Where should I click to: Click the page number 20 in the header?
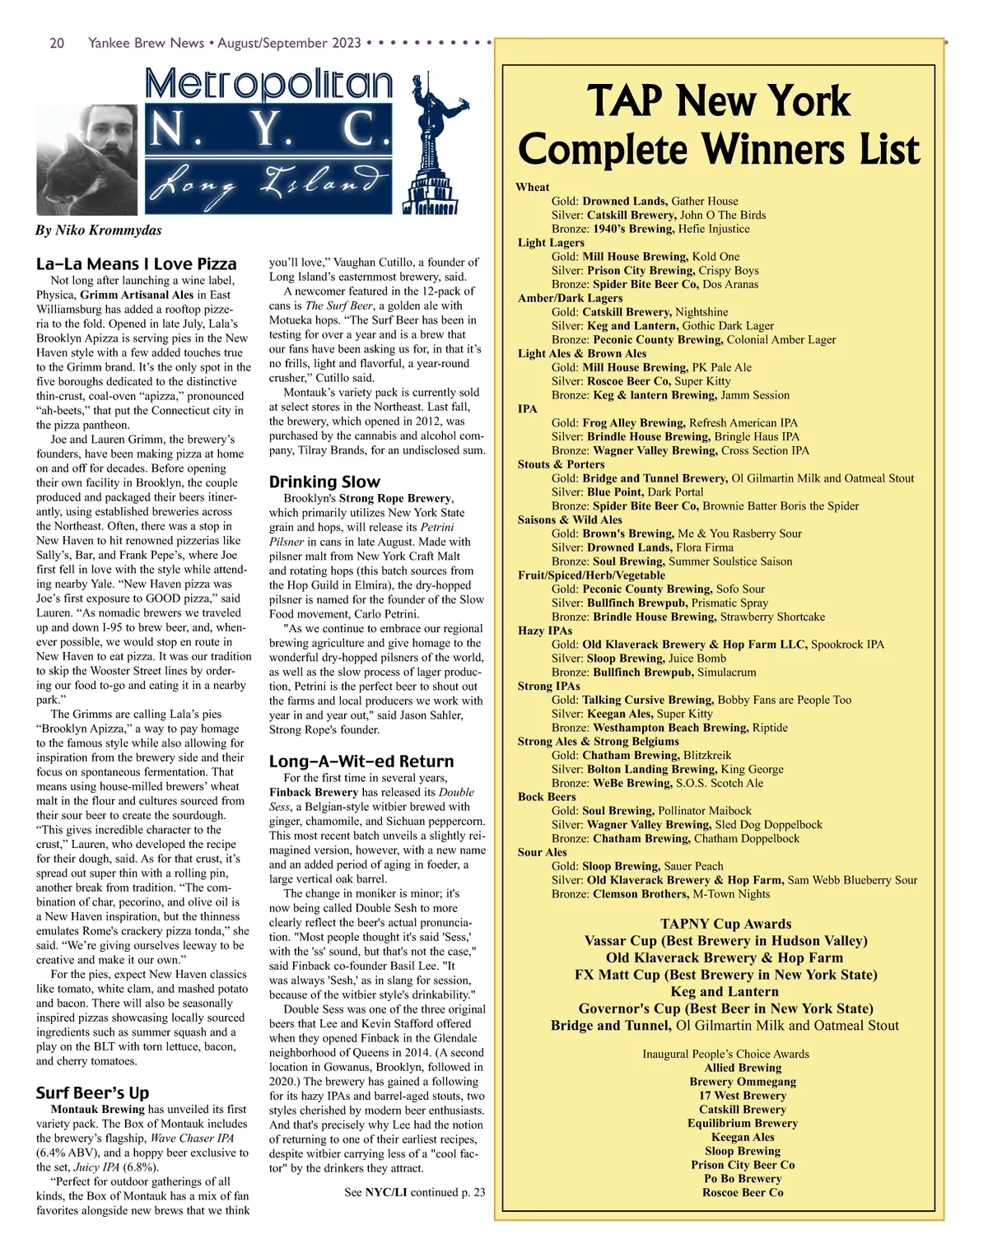57,43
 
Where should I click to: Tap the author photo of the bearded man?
89,159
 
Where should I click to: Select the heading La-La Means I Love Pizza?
136,264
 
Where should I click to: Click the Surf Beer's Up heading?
92,1093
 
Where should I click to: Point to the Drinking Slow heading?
324,482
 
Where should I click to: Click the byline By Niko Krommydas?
98,231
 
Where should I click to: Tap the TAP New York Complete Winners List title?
718,125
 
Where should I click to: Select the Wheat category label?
532,187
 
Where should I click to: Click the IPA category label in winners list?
527,409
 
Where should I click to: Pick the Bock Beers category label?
547,797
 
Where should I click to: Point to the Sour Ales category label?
542,852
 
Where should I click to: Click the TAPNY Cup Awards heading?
725,924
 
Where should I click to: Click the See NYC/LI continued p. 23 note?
415,1192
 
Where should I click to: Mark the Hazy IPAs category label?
544,631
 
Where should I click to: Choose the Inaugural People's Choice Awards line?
725,1054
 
